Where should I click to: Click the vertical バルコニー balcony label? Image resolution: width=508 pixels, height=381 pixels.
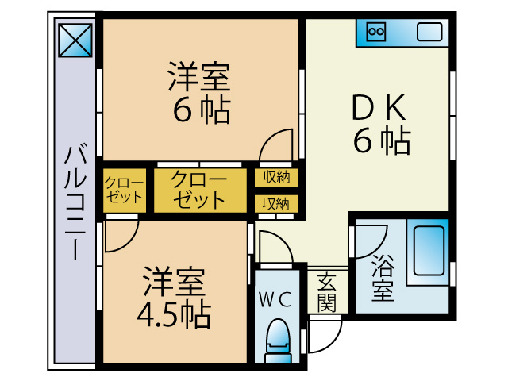coord(76,202)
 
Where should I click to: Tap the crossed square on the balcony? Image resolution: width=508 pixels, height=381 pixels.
coord(76,39)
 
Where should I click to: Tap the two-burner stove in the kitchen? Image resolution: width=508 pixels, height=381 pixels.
coord(376,32)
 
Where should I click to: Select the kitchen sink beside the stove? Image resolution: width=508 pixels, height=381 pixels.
coord(429,33)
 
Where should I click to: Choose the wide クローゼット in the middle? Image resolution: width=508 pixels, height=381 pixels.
coord(199,190)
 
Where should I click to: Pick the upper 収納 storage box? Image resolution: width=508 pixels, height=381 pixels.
coord(276,176)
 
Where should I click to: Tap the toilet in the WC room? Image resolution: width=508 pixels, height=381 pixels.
coord(277,338)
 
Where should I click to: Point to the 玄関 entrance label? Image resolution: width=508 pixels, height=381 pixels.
coord(327,291)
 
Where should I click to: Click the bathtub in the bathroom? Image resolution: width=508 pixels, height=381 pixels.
coord(427,249)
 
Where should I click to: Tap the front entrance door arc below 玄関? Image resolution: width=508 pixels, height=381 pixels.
coord(323,334)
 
